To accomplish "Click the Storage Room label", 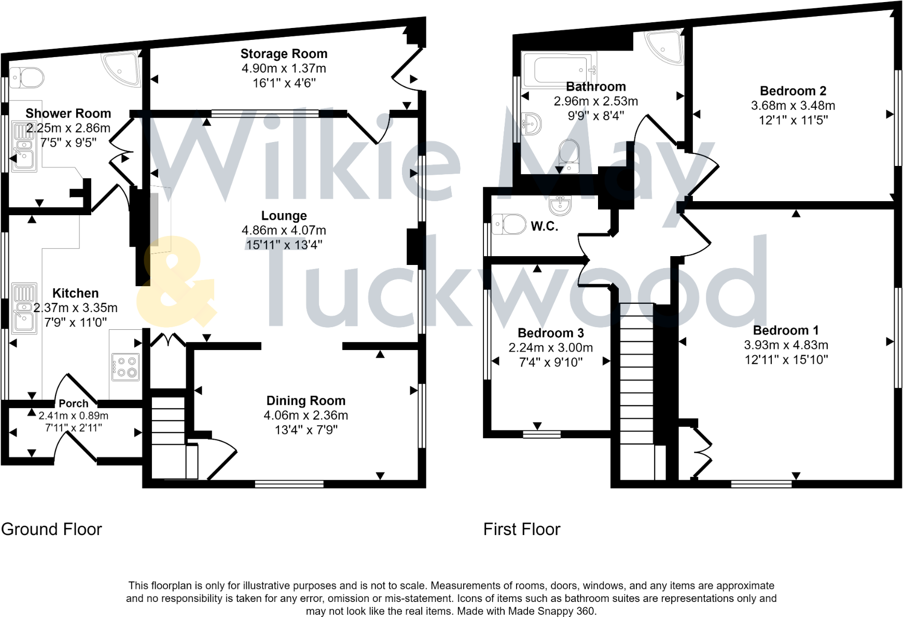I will coord(284,54).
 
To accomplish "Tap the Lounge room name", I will coord(284,216).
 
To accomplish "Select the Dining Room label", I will coord(305,401).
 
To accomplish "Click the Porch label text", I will coord(73,403).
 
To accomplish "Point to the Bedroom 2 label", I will coord(793,91).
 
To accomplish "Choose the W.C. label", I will coord(544,226).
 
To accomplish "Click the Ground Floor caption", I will coord(51,529).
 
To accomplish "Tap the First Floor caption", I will coord(521,529).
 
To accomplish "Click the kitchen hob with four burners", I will coord(126,367).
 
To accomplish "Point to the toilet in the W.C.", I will coord(508,225).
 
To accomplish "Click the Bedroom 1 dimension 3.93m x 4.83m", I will coord(786,345).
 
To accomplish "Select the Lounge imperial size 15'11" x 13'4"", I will coord(284,245).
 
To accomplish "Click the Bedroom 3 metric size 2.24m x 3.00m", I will coord(550,348).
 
